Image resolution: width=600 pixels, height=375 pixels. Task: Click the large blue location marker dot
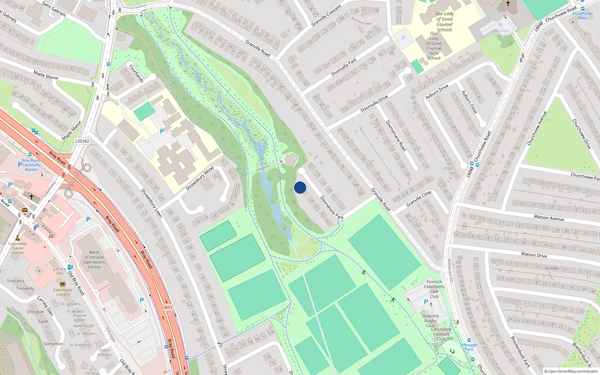[x=300, y=187]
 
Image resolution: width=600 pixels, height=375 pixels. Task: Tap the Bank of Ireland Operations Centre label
[x=94, y=259]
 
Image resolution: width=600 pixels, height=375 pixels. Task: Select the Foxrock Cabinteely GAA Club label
[x=434, y=289]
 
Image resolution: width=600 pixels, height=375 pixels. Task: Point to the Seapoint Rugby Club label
[x=430, y=321]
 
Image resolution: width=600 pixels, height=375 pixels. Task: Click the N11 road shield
[x=168, y=307]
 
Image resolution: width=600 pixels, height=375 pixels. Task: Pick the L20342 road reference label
[x=82, y=141]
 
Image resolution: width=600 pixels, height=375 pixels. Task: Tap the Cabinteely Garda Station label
[x=18, y=248]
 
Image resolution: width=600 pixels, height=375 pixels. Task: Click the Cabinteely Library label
[x=63, y=292]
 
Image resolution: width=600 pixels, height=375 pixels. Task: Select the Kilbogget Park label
[x=469, y=347]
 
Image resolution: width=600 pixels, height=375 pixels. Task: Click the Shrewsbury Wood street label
[x=199, y=178]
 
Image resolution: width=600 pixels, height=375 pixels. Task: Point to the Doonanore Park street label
[x=331, y=208]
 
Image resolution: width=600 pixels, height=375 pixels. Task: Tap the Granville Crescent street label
[x=326, y=15]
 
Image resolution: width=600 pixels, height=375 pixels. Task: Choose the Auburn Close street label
[x=469, y=102]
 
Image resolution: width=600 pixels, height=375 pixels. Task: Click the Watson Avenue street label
[x=549, y=217]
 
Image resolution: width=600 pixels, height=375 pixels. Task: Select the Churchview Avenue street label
[x=537, y=128]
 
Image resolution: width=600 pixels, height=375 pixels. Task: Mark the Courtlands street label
[x=136, y=73]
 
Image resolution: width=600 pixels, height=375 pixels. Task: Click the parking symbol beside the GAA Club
[x=426, y=302]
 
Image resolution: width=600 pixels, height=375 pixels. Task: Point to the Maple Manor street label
[x=46, y=75]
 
